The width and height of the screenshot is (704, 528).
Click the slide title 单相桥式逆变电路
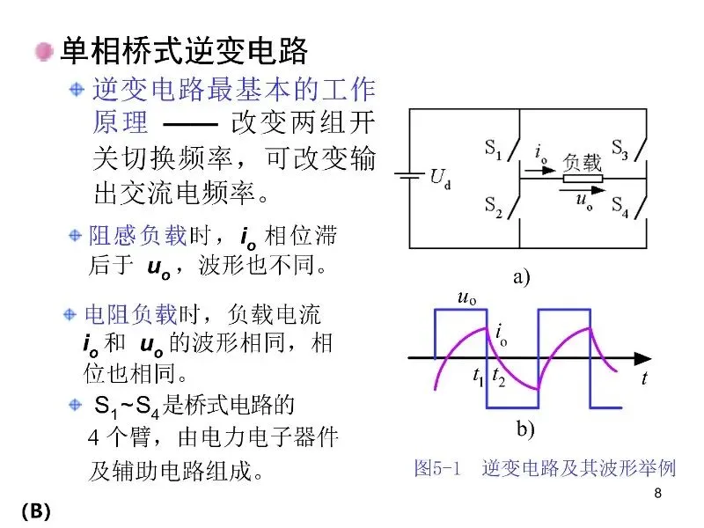coord(183,51)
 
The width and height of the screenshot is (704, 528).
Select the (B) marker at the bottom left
coord(36,510)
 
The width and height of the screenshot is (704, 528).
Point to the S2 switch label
coord(494,205)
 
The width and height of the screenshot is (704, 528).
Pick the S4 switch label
coord(620,209)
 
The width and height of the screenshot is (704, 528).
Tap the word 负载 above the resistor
coord(583,162)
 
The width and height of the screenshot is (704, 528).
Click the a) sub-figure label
coord(522,278)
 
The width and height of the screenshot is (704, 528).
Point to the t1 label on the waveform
coord(479,378)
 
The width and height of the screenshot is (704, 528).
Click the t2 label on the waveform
coord(498,378)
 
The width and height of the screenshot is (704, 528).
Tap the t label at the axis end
coord(644,379)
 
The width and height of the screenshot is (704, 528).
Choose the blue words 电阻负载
coord(130,313)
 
